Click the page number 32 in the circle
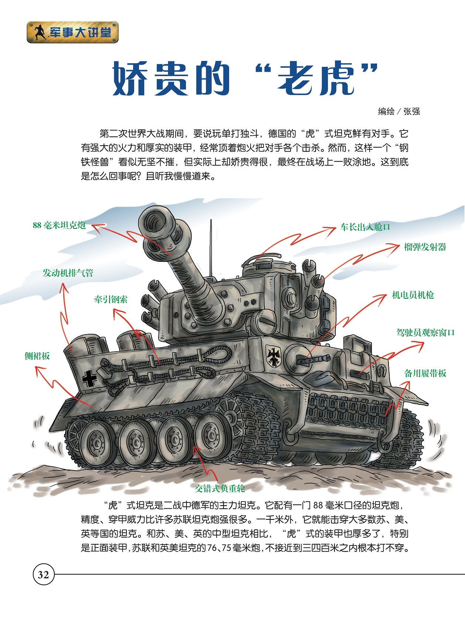tap(43, 575)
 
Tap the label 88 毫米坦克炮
tap(59, 225)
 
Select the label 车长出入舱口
tap(365, 227)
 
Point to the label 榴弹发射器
tap(425, 247)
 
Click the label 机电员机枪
tap(413, 295)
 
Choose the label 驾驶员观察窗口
tap(425, 332)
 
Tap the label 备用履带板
tap(425, 373)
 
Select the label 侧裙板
tap(37, 356)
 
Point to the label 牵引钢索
tap(111, 299)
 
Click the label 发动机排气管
tap(68, 273)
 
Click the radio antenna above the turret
tap(211, 248)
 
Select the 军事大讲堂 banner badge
tap(72, 32)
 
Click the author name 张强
tap(412, 111)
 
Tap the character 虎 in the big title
tap(337, 78)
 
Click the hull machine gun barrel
tap(313, 360)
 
